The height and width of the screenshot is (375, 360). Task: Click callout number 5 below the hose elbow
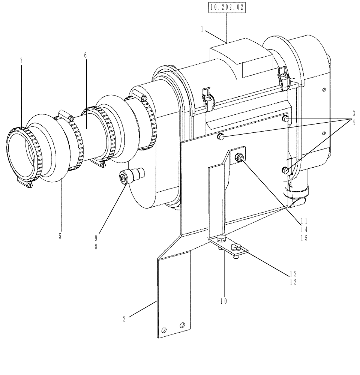(60, 236)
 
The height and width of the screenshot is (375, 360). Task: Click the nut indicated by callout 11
(238, 158)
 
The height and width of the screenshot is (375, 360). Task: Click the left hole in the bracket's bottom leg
(163, 330)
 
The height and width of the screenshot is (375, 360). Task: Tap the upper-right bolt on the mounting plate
(285, 119)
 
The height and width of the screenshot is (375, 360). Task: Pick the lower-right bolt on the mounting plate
(285, 171)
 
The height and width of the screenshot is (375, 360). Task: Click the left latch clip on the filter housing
(207, 99)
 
